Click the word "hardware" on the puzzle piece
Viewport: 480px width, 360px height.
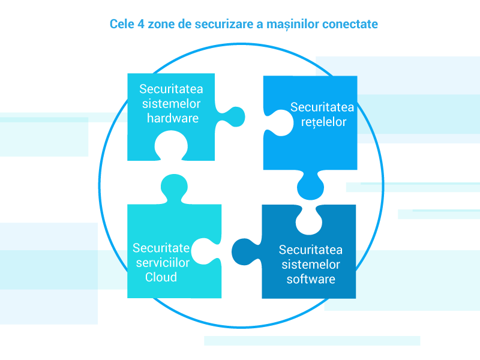point(172,118)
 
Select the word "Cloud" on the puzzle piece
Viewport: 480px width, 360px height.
point(161,277)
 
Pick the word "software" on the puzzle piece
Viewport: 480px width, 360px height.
point(311,279)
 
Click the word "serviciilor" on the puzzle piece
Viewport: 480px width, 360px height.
point(161,263)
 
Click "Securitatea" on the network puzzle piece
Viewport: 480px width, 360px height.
point(322,107)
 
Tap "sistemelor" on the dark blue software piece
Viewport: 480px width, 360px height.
point(310,264)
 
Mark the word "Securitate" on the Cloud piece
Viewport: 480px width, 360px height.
point(161,248)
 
